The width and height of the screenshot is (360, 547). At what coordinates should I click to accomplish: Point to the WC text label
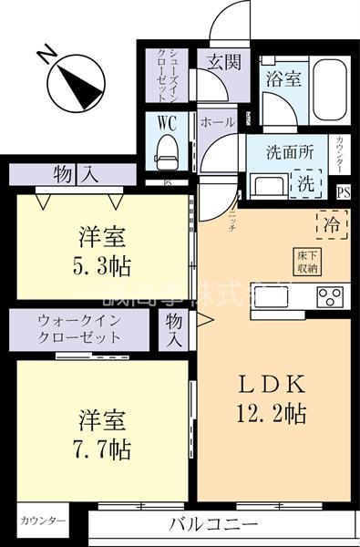pos(166,122)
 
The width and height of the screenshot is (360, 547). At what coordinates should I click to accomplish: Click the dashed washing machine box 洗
pos(305,181)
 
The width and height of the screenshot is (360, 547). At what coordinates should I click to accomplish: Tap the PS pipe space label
pos(343,191)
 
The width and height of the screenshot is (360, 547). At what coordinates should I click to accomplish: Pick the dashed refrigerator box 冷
pos(330,222)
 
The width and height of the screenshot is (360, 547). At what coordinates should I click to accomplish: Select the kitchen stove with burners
pos(328,297)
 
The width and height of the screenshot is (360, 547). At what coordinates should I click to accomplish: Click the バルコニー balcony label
pos(214,525)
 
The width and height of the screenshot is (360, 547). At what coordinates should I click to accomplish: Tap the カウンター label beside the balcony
pos(43,521)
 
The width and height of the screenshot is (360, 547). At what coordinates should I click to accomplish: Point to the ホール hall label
pos(217,121)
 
